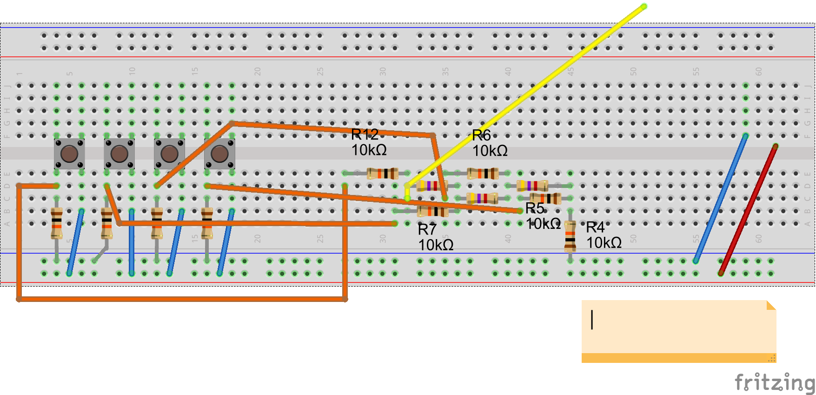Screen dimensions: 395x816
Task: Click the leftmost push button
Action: click(x=69, y=154)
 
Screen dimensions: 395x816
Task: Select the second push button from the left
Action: click(x=119, y=154)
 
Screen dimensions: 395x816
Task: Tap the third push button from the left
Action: click(x=169, y=154)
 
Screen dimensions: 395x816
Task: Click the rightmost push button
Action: click(x=219, y=154)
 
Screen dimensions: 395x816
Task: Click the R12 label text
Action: click(x=365, y=134)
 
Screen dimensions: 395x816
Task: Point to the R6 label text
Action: click(x=481, y=135)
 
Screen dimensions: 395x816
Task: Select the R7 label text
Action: click(x=427, y=229)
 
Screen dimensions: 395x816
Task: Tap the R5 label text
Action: click(x=535, y=208)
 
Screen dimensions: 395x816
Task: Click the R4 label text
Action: click(x=595, y=227)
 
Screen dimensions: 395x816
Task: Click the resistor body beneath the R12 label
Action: click(x=383, y=174)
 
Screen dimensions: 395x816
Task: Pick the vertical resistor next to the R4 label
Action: click(x=570, y=236)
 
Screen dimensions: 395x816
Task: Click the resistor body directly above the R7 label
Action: click(x=433, y=211)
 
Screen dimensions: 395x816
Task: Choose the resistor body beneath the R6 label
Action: click(x=483, y=174)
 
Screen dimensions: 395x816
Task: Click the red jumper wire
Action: click(x=748, y=209)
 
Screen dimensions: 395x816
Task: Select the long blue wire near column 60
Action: click(x=720, y=198)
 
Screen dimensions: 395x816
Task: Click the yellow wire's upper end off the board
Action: click(x=644, y=7)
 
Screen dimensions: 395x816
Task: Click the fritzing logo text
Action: click(x=774, y=382)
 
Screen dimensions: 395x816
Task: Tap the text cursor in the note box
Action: click(x=592, y=320)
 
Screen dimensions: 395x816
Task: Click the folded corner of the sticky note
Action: click(x=771, y=305)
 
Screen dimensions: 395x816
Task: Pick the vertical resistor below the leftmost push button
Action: click(x=57, y=223)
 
